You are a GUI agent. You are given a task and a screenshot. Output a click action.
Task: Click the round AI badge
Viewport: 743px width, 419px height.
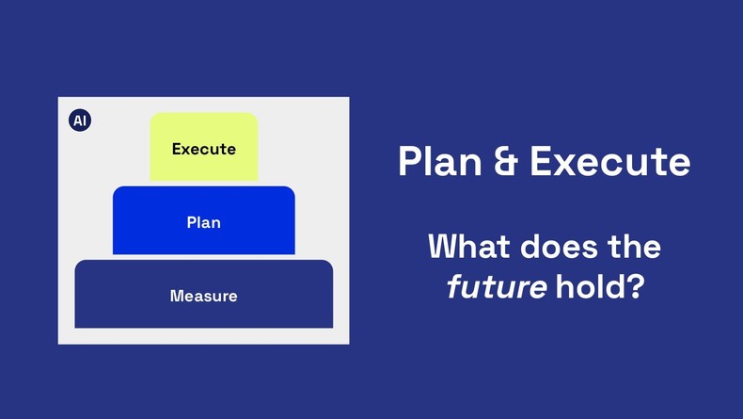80,121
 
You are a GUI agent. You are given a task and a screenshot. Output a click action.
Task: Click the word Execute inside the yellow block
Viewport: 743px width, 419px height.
204,149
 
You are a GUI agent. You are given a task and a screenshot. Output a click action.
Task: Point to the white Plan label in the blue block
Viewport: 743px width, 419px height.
204,223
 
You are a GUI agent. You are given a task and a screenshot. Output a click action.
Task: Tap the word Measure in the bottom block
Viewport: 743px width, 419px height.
204,296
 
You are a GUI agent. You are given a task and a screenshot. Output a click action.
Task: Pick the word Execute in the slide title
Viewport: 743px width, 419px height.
609,162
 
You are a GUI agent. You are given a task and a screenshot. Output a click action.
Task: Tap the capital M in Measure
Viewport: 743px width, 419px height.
177,296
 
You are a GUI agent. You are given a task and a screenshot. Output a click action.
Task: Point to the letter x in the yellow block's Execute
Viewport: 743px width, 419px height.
186,149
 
